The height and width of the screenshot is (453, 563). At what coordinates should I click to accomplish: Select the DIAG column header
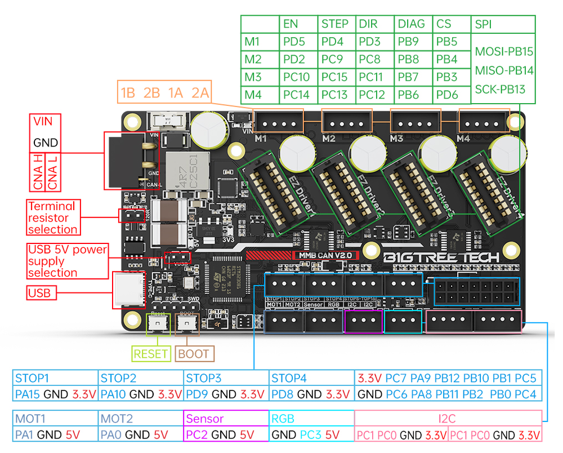click(411, 24)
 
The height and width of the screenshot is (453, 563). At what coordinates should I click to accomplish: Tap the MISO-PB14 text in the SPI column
click(504, 70)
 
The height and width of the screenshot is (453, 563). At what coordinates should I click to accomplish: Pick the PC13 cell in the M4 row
click(334, 95)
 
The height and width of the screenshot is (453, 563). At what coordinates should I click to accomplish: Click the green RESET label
click(151, 354)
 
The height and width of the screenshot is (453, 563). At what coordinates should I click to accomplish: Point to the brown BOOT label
click(193, 354)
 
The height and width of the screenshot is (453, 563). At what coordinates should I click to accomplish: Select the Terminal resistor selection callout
click(53, 217)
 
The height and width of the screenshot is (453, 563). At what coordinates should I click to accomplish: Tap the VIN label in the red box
click(43, 121)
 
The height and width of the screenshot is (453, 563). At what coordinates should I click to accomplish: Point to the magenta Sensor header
click(204, 419)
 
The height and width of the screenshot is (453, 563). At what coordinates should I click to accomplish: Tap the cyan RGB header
click(283, 419)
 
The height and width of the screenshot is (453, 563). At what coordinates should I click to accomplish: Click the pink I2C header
click(448, 419)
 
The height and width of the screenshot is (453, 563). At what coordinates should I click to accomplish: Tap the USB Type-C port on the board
click(129, 290)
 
